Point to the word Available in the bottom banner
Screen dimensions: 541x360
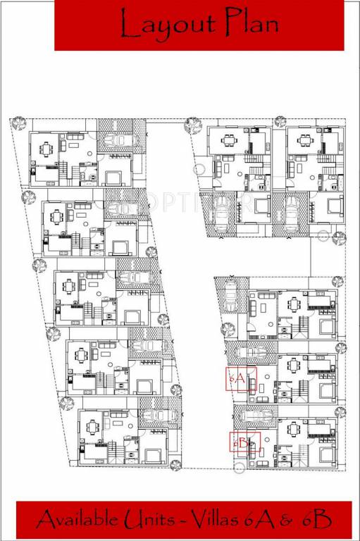coord(79,521)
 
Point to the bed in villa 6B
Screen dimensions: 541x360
coord(326,454)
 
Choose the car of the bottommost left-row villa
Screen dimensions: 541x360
coord(158,415)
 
